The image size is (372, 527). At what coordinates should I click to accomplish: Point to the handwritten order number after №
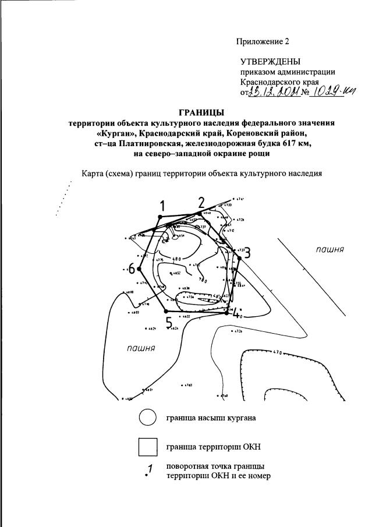pos(334,92)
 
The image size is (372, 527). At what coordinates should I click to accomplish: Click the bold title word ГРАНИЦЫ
pos(201,112)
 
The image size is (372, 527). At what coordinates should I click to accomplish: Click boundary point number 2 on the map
pos(201,203)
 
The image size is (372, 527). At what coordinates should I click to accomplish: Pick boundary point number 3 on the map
pos(247,253)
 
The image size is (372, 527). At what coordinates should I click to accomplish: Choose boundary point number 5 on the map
pos(169,323)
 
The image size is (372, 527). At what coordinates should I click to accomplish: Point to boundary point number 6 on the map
pos(132,268)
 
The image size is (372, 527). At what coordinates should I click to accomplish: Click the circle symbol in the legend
pos(148,418)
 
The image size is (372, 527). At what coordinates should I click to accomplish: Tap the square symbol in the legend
pos(148,447)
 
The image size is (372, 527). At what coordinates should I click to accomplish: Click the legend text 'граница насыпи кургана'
pos(211,418)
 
